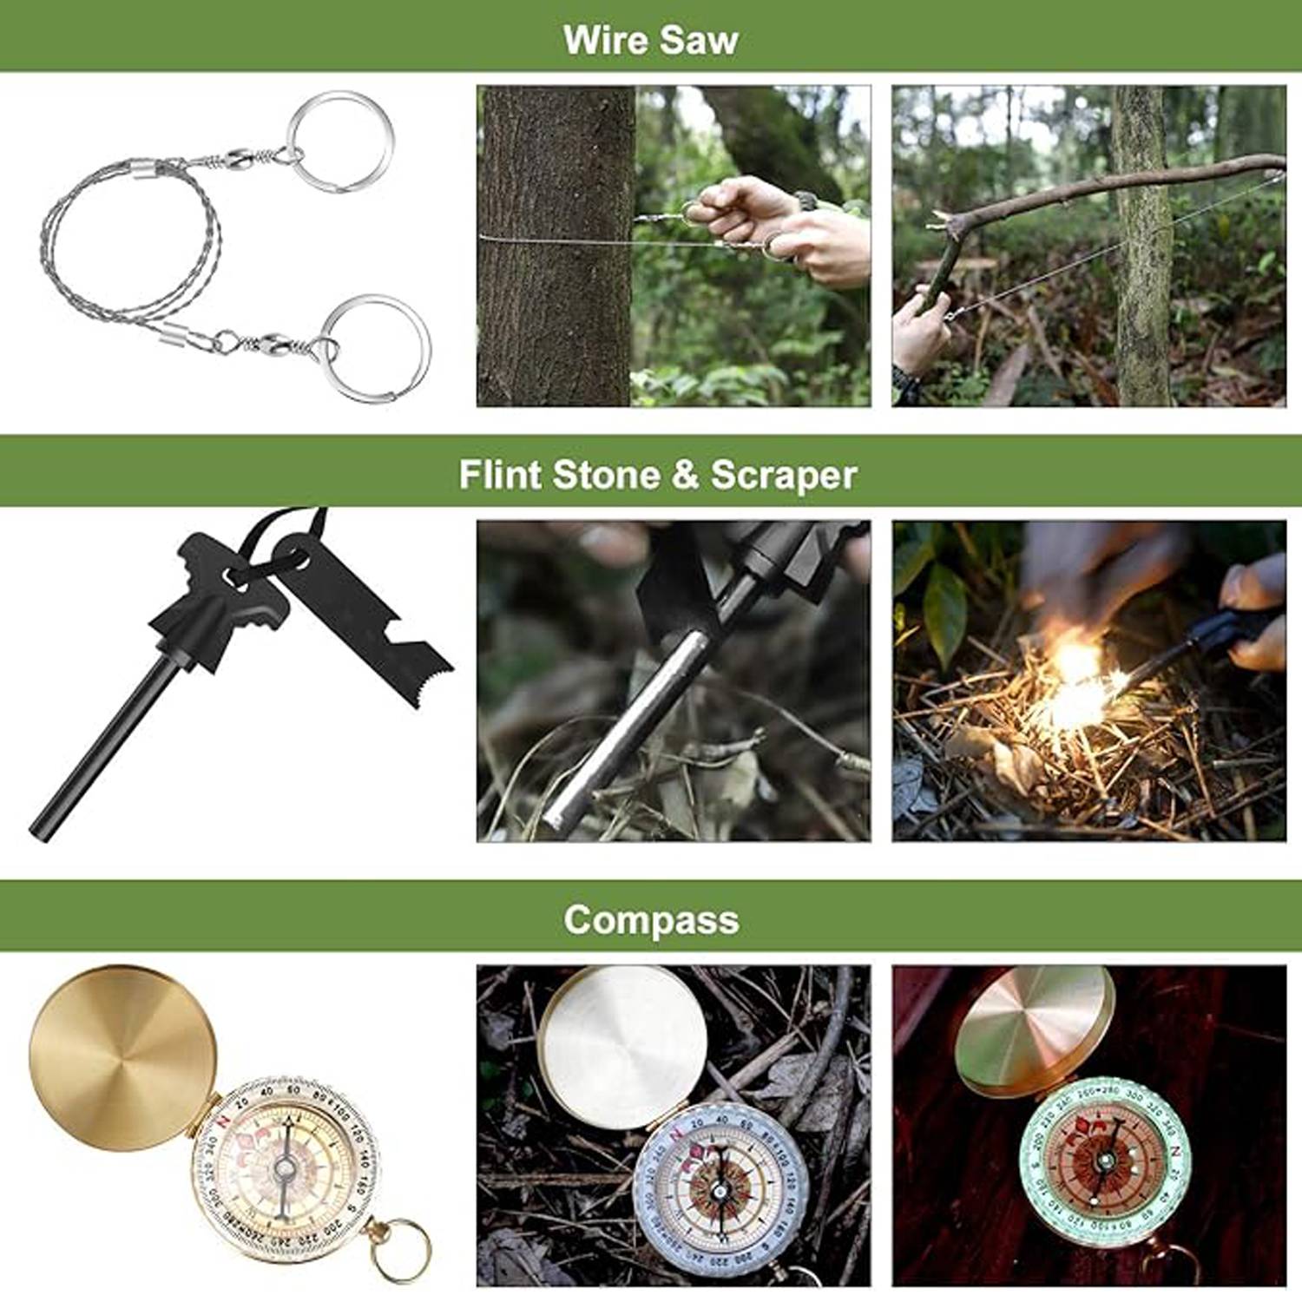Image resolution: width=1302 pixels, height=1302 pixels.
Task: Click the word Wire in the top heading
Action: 604,40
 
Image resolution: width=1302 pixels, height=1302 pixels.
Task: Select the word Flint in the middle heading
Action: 499,475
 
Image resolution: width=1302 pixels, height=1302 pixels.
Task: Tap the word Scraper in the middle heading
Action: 783,475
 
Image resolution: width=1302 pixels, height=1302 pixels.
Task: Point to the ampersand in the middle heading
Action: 685,475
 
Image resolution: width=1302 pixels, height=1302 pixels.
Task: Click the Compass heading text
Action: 651,919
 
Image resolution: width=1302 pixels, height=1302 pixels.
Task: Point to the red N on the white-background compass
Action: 225,1121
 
